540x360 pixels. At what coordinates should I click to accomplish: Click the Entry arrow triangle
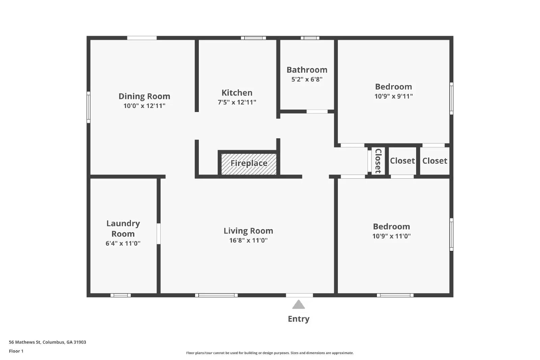tap(298, 305)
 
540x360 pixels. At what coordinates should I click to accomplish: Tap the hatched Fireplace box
tap(249, 164)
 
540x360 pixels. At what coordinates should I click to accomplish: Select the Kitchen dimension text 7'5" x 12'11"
tap(237, 102)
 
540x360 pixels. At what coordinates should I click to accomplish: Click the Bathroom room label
tap(307, 70)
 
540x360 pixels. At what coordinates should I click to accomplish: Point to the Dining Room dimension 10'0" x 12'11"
tap(144, 106)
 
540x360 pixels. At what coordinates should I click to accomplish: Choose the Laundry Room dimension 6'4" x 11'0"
tap(123, 244)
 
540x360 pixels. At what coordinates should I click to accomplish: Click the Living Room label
tap(248, 231)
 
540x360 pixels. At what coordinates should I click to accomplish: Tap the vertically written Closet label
tap(378, 161)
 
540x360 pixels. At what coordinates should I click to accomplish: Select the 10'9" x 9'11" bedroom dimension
tap(394, 96)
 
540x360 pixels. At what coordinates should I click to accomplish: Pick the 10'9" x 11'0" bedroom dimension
tap(391, 236)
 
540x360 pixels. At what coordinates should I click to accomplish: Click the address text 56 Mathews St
tap(47, 342)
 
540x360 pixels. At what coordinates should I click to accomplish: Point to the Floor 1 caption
tap(16, 351)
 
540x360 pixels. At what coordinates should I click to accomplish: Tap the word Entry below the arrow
tap(298, 319)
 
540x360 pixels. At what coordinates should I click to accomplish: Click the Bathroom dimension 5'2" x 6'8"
tap(307, 80)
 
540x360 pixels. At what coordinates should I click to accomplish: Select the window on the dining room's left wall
tap(88, 107)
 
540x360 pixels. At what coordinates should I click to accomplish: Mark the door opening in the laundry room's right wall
tap(159, 233)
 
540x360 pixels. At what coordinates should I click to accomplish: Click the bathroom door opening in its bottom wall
tap(317, 111)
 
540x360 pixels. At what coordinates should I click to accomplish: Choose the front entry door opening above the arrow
tap(299, 295)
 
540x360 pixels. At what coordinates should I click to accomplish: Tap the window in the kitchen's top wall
tap(253, 38)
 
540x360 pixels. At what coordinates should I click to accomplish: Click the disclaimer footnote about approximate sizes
tap(270, 353)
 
